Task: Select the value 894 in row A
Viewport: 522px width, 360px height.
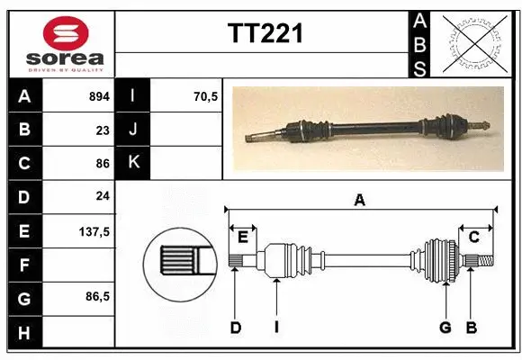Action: tap(99, 95)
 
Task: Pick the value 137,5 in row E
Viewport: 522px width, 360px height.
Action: tap(94, 231)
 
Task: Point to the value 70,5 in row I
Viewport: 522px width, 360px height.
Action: tap(206, 95)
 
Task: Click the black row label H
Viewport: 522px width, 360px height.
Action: tap(23, 333)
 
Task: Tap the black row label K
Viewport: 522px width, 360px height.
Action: tap(133, 163)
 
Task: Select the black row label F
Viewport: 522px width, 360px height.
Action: tap(23, 265)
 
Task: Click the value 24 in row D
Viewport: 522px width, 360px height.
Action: tap(103, 196)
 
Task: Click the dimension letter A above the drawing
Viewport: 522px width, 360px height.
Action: tap(360, 201)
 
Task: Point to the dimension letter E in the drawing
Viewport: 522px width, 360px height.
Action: tap(243, 237)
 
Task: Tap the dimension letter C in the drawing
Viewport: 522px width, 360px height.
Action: tap(473, 237)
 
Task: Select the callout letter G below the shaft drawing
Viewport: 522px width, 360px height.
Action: tap(445, 328)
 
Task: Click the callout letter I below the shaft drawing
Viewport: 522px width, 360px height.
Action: tap(276, 328)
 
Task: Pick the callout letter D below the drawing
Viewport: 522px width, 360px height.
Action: tap(235, 328)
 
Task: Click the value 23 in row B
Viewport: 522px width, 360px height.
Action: tap(103, 130)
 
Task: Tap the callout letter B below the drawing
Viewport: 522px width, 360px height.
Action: tap(471, 328)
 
